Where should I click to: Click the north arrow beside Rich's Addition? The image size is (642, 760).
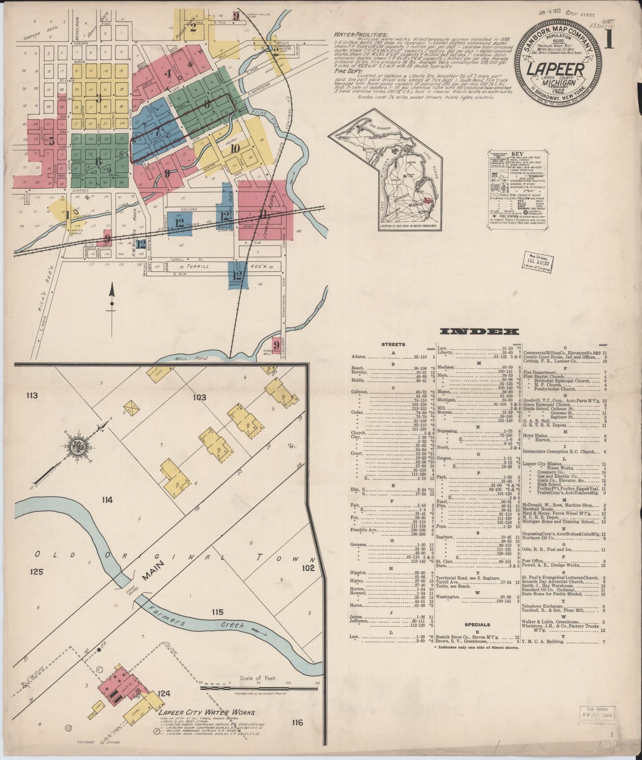(x=112, y=302)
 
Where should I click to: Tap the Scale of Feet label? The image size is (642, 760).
(x=258, y=678)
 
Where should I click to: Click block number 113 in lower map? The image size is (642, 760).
(x=32, y=396)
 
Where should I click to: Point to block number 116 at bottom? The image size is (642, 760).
(x=297, y=723)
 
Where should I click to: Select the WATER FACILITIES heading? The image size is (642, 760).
(x=360, y=35)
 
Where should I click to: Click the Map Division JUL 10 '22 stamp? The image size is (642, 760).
(x=538, y=262)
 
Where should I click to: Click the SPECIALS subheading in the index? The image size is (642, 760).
(x=477, y=624)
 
